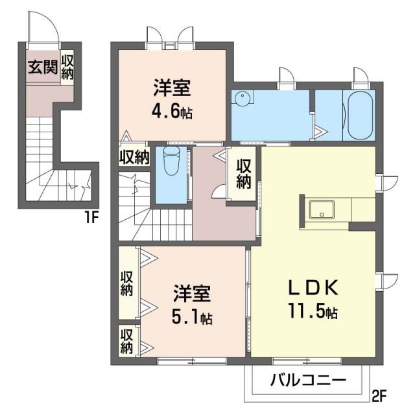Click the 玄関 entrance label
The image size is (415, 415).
[42, 67]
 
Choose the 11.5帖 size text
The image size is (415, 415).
[313, 311]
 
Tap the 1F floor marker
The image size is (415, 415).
[90, 217]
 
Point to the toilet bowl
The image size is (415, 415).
[171, 162]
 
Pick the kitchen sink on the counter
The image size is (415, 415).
[322, 210]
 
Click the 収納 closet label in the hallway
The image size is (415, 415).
[243, 173]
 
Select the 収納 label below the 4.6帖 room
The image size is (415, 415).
[134, 156]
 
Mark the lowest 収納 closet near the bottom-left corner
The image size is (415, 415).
[126, 340]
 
